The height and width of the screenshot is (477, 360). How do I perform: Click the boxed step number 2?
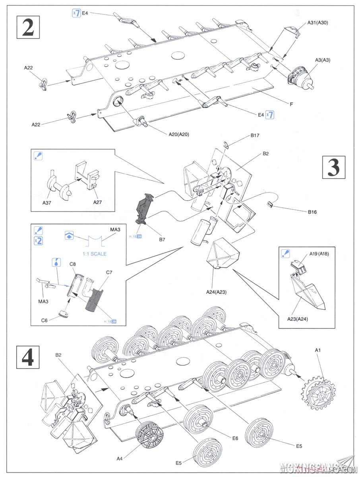point(28,27)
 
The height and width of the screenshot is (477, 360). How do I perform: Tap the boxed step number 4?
point(28,357)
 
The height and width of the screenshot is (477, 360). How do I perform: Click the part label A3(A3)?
point(323,60)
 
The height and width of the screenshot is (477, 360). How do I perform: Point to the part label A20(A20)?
point(178,134)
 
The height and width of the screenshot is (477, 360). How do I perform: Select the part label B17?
point(255,136)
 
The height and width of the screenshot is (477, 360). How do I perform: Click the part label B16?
point(312,212)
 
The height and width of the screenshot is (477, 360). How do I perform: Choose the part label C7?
point(109,273)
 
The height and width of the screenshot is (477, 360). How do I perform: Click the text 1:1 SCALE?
point(94,254)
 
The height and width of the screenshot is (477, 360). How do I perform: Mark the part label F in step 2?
point(292,105)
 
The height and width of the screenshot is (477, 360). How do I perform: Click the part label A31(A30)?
point(317,23)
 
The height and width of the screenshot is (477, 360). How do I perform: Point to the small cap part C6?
point(63,314)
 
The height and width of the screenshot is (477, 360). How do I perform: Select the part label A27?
point(98,202)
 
